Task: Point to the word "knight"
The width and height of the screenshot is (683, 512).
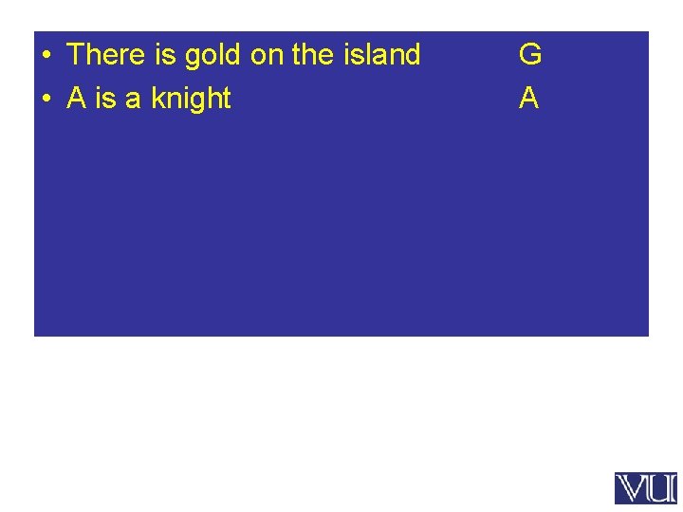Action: point(191,99)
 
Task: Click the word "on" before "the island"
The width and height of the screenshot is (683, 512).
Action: point(267,56)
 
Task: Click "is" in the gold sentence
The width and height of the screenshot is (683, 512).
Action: point(164,55)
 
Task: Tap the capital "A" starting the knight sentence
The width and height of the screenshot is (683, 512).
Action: point(77,99)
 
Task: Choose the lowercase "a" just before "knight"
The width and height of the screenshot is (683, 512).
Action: point(134,100)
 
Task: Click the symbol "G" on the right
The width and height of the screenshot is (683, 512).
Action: point(530,55)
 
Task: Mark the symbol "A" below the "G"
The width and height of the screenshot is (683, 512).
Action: point(529,99)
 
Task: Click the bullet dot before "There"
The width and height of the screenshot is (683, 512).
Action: point(45,55)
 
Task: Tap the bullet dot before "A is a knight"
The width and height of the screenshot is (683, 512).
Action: point(45,99)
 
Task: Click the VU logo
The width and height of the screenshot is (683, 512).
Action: point(645,488)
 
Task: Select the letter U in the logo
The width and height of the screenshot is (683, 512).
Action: point(661,488)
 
